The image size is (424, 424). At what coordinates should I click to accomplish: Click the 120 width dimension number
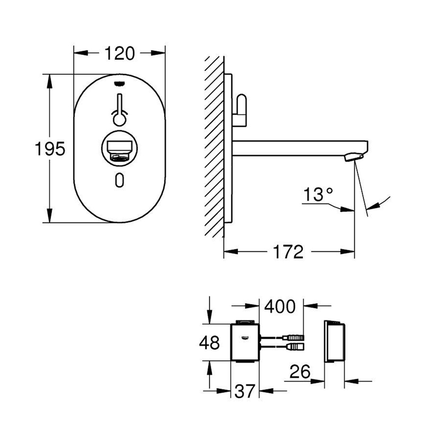(x=120, y=53)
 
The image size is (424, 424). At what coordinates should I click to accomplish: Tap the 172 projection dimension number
(x=288, y=252)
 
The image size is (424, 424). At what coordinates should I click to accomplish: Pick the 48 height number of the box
(x=209, y=343)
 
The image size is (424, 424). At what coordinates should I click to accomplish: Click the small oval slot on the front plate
(x=120, y=180)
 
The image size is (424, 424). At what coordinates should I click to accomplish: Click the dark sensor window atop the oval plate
(x=120, y=83)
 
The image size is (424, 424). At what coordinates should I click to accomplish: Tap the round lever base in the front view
(x=120, y=118)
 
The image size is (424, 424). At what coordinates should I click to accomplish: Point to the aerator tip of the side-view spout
(x=352, y=158)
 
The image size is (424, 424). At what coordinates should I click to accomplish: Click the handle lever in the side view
(x=242, y=109)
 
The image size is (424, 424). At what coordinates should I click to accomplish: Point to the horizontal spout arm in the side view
(x=294, y=148)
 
